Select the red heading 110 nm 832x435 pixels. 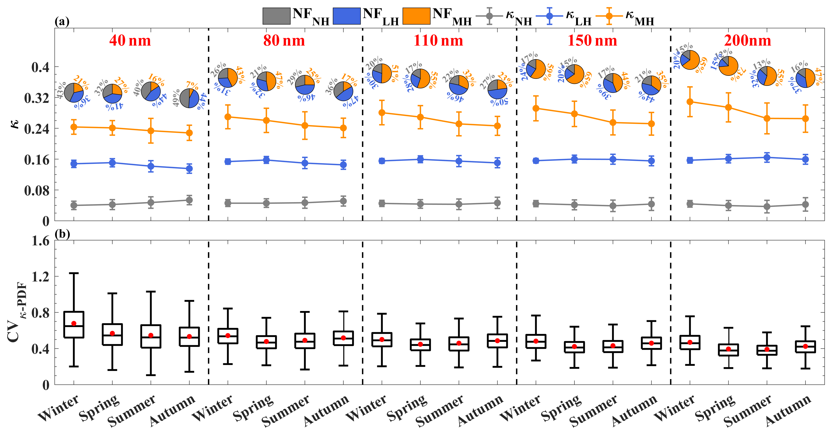[x=438, y=41]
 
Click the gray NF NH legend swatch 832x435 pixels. [x=276, y=16]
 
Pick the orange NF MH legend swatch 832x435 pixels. [x=416, y=16]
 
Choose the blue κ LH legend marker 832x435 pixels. [x=549, y=16]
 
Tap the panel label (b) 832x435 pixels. [x=62, y=234]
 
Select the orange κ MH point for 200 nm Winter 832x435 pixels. [x=690, y=102]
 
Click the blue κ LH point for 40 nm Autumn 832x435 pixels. [x=189, y=168]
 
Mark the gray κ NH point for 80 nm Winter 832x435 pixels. [x=228, y=203]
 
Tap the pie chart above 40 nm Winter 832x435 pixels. [x=74, y=93]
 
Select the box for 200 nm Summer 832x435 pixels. [x=767, y=350]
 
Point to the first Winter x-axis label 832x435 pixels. [x=58, y=408]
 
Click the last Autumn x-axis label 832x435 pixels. [x=788, y=410]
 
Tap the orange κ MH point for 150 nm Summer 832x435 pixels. [x=613, y=122]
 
